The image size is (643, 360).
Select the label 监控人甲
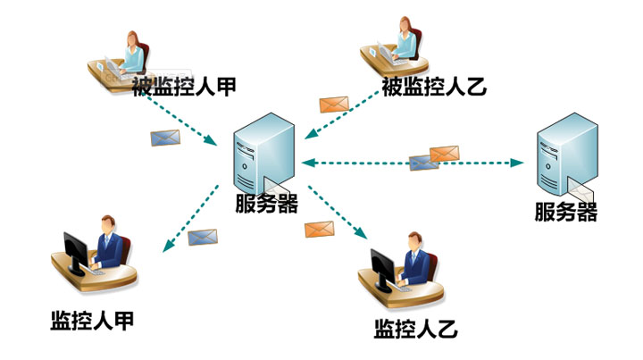pyautogui.click(x=92, y=321)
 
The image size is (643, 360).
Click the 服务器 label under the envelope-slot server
pyautogui.click(x=565, y=213)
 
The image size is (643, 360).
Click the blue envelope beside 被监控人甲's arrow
pyautogui.click(x=165, y=138)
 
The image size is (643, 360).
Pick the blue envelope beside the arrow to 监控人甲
pyautogui.click(x=203, y=238)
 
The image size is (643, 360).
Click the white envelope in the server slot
pyautogui.click(x=580, y=188)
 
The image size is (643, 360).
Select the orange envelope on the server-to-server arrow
pyautogui.click(x=444, y=154)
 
